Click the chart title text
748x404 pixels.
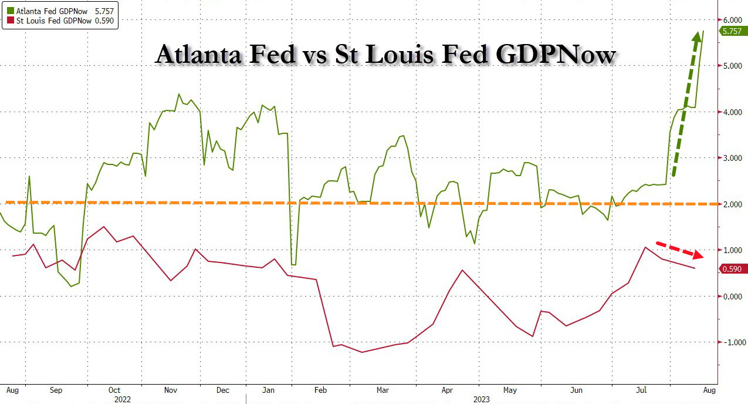(385, 55)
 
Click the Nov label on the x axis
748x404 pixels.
(171, 390)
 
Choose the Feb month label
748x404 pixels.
(320, 390)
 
